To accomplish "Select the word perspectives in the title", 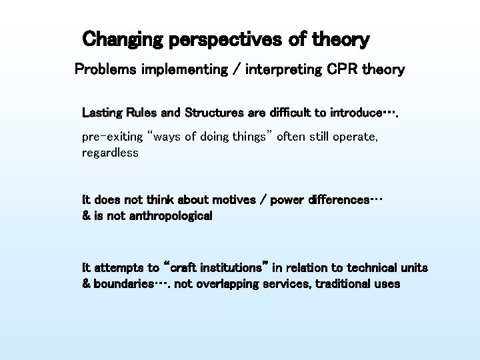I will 229,40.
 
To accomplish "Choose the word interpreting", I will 282,69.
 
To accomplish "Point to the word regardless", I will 110,153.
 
